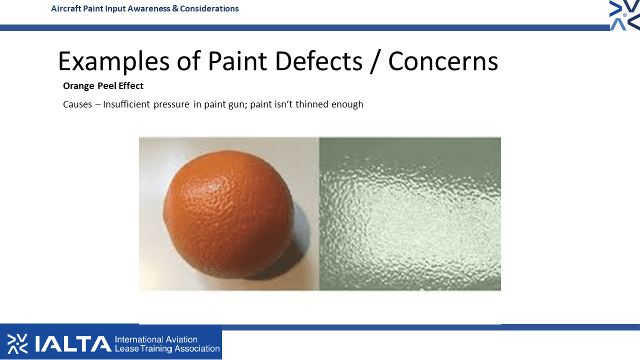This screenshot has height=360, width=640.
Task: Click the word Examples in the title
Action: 113,61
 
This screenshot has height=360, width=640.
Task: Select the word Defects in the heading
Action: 319,61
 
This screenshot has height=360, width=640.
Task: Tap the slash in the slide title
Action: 375,61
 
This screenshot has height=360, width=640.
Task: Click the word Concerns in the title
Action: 443,61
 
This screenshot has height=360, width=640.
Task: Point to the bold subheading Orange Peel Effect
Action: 103,85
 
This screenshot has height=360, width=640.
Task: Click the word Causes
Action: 77,104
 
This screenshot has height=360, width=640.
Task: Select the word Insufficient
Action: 126,104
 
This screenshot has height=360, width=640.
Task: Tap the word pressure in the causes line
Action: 171,104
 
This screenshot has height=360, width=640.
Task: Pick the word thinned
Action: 311,104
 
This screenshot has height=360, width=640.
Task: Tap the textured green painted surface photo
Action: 410,213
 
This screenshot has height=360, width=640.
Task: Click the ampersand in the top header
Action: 175,8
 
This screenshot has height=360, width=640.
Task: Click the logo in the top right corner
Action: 624,15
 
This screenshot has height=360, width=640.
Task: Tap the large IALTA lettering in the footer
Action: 73,344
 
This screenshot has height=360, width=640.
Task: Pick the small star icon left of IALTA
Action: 17,343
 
